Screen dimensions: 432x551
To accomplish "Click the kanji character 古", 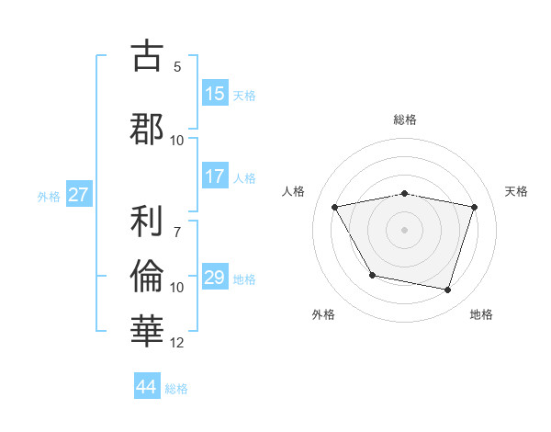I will click(148, 56).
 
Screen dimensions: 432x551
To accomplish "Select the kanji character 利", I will click(148, 222).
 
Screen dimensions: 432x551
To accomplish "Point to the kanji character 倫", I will click(148, 277).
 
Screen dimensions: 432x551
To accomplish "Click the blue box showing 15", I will click(215, 94).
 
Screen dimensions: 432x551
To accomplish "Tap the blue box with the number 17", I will click(215, 177).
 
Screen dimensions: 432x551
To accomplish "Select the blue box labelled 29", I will click(215, 278).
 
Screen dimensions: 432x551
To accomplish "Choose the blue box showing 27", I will click(78, 195).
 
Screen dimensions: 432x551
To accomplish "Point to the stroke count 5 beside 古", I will click(177, 67).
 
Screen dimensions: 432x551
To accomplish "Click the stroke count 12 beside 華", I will click(177, 343).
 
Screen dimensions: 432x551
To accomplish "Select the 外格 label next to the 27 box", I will click(49, 196).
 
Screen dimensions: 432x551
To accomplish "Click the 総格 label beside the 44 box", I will click(176, 388).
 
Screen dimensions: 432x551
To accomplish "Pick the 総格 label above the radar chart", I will click(405, 119).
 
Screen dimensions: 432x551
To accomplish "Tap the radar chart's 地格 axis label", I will click(481, 315).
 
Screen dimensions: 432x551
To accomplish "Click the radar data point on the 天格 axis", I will click(474, 207).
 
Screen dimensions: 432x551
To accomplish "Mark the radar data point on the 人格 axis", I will click(335, 207).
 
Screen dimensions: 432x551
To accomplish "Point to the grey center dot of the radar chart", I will click(405, 229).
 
